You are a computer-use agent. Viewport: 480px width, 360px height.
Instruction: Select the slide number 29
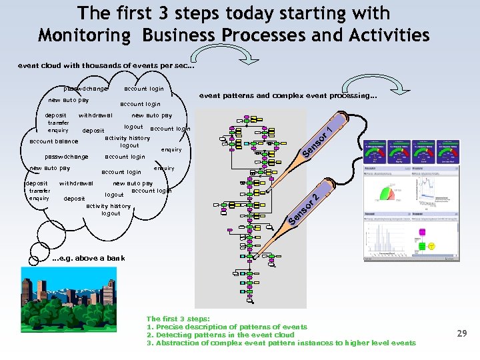tap(461, 333)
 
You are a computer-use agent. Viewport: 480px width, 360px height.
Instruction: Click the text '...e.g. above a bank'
tap(88, 258)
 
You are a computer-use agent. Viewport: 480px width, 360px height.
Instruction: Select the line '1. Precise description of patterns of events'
tap(227, 327)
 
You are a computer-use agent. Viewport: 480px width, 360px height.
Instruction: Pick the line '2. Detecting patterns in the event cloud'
tap(220, 335)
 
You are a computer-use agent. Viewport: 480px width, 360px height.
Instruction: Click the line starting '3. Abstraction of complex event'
tap(280, 343)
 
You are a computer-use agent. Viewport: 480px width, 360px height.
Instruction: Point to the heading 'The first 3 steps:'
tap(178, 319)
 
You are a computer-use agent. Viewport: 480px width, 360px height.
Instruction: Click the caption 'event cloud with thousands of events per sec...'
tap(107, 65)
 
